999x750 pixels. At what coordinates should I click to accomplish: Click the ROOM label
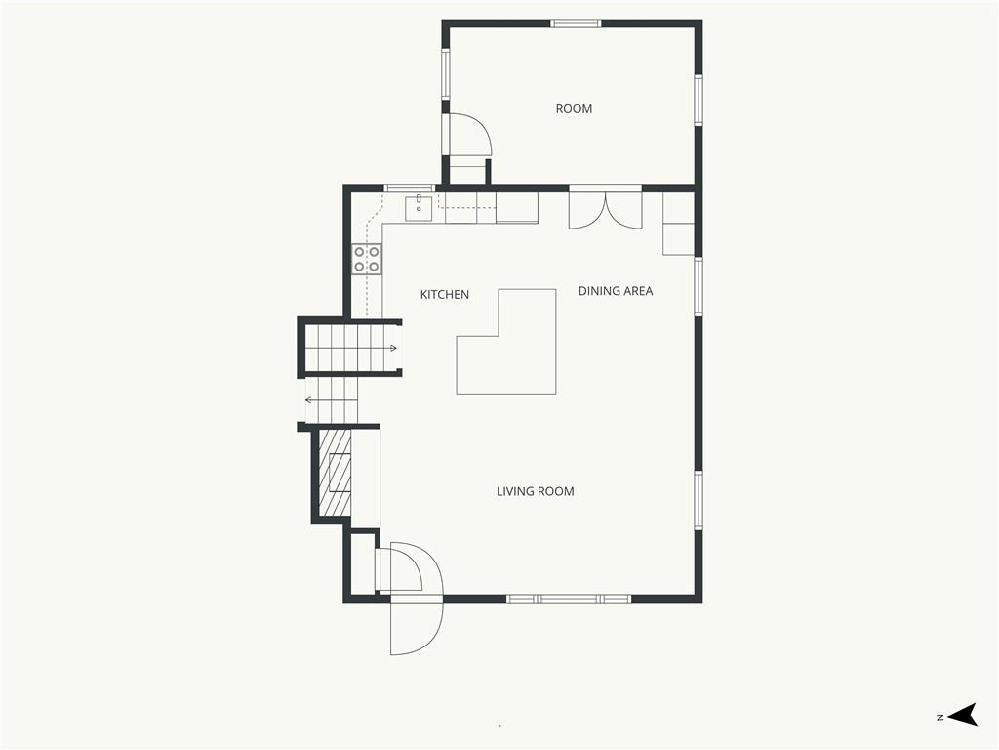pos(574,109)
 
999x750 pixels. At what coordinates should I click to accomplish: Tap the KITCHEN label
pos(445,295)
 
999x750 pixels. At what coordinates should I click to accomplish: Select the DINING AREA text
pos(616,291)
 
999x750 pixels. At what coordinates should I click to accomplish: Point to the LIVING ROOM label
pos(536,492)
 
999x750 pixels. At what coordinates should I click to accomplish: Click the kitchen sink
pos(419,209)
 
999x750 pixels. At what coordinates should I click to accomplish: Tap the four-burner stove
pos(367,260)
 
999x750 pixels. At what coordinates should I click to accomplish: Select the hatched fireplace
pos(336,472)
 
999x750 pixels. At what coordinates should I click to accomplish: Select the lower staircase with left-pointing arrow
pos(333,399)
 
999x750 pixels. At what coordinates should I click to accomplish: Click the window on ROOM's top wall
pos(576,23)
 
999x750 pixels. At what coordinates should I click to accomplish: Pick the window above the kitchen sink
pos(410,187)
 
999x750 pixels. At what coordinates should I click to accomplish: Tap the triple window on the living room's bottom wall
pos(569,599)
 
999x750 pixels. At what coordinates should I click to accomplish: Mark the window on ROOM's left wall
pos(446,74)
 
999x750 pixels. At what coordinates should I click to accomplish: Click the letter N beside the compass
pos(939,718)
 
